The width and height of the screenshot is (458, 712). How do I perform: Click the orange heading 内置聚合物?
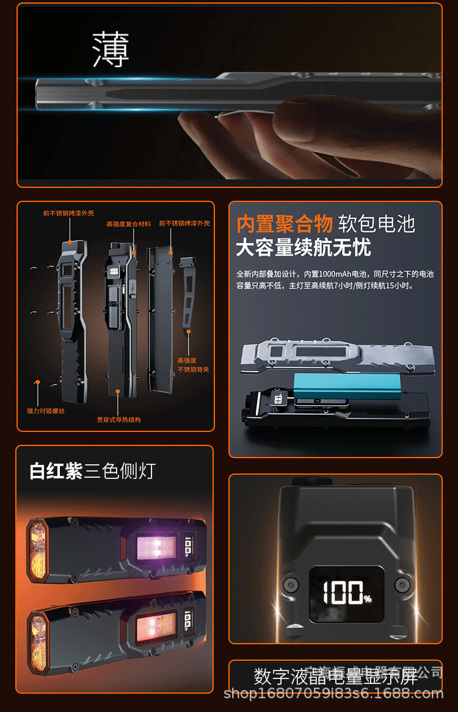284,224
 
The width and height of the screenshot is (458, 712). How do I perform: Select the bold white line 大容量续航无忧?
304,248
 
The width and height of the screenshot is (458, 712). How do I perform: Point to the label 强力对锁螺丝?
46,411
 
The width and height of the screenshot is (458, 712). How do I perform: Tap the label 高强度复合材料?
128,225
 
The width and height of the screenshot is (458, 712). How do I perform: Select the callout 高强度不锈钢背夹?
193,365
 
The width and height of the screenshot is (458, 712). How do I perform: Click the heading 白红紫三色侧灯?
93,471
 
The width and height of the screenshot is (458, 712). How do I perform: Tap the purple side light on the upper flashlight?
156,544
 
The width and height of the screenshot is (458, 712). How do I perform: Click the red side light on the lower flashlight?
155,624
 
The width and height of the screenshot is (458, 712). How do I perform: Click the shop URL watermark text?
334,694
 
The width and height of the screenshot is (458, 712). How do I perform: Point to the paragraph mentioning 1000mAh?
335,280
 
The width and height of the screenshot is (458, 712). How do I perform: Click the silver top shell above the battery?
337,355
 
